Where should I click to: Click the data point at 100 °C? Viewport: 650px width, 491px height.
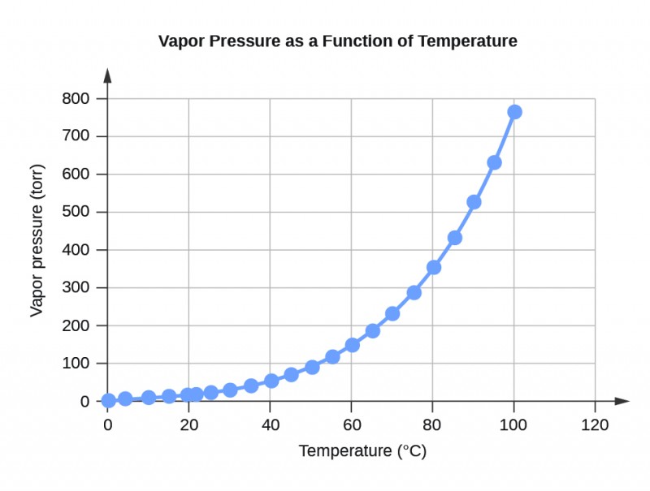514,112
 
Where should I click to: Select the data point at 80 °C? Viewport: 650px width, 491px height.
433,267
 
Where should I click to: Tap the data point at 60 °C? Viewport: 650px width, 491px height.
352,345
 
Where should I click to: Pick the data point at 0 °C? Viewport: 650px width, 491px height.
108,400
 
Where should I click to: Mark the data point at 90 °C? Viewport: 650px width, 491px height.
474,202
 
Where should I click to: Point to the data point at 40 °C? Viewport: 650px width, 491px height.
271,381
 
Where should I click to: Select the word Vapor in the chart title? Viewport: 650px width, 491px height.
180,41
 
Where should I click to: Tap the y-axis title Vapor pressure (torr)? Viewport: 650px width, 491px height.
37,241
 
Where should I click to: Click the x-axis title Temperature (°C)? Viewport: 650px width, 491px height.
362,451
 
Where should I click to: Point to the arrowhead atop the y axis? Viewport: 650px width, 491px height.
108,75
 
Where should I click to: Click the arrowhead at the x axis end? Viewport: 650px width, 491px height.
622,401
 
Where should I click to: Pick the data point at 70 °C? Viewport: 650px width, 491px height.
392,313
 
